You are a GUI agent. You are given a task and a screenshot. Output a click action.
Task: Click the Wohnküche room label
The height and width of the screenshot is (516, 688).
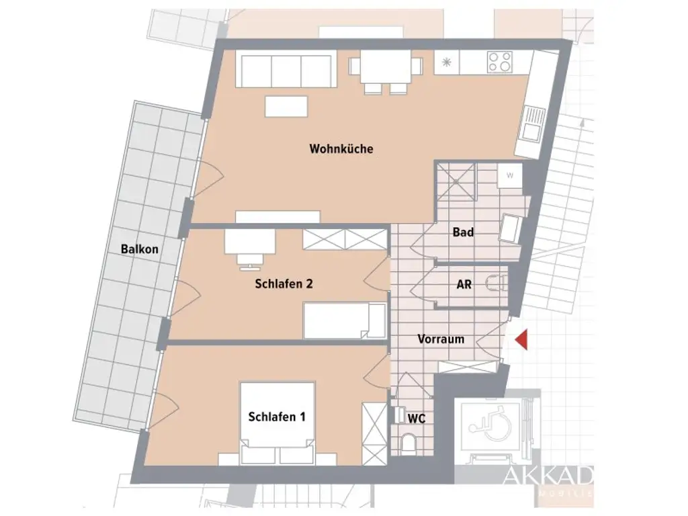[x=341, y=148]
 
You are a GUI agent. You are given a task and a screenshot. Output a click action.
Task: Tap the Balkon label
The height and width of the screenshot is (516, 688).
[x=140, y=249]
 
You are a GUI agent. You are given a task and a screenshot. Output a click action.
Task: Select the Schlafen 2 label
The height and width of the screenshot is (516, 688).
[x=284, y=284]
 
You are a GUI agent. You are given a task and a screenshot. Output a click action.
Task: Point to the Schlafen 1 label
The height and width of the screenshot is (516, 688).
[x=277, y=417]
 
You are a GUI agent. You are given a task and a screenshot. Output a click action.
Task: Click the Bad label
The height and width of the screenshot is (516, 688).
[x=463, y=232]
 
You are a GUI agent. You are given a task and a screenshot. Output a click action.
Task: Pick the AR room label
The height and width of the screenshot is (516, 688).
[x=464, y=284]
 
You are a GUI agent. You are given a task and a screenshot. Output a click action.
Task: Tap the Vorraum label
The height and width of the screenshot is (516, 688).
[x=441, y=339]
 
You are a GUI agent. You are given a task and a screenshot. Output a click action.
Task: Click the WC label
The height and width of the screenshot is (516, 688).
[x=417, y=418]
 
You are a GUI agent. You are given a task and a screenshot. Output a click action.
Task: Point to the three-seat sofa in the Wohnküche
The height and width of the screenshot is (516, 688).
[x=285, y=70]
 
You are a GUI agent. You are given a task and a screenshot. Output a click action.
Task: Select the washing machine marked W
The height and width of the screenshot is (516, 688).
[x=509, y=176]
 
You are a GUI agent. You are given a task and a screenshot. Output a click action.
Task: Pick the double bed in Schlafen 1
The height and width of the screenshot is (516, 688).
[x=279, y=423]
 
